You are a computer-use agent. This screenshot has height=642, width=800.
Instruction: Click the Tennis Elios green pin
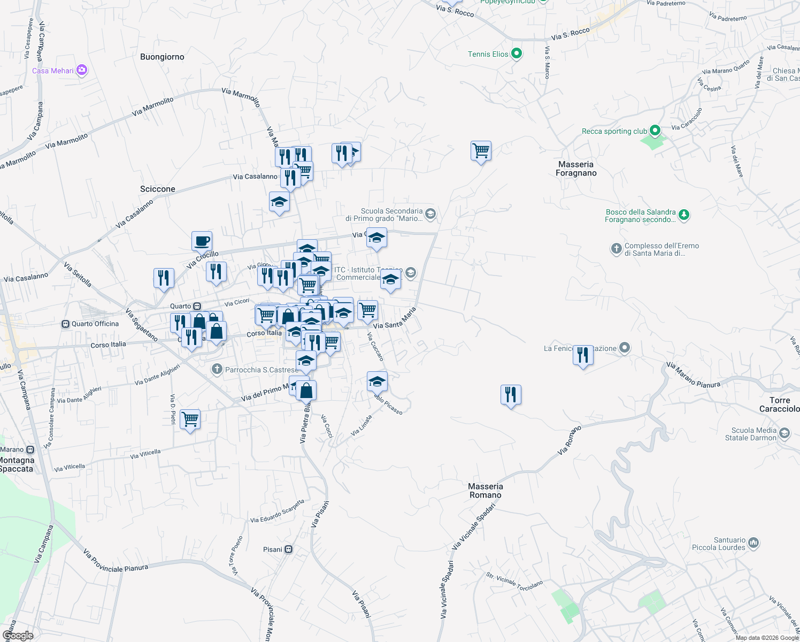coord(516,53)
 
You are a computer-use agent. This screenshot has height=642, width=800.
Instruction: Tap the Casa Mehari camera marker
coord(82,70)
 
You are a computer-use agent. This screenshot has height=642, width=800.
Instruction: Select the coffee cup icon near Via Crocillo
coord(202,241)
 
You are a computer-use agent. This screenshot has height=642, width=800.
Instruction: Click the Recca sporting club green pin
coord(655,131)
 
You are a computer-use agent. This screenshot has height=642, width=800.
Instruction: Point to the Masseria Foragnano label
coord(576,169)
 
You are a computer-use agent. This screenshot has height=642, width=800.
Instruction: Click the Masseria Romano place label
coord(486,491)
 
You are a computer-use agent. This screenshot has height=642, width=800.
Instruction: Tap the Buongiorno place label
coord(162,57)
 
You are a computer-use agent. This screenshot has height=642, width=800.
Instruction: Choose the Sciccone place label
coord(158,189)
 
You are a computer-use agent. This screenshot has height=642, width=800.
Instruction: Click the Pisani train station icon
coord(289,549)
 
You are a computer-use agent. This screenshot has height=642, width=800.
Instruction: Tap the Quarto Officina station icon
coord(66,324)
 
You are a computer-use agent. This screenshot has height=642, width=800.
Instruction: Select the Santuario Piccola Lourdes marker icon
coord(753,543)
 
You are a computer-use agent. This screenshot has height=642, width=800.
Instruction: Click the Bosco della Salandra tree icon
coord(683,215)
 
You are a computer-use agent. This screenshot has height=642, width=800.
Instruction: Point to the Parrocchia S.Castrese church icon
coord(217,369)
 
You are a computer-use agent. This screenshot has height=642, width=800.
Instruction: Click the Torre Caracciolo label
coord(780,404)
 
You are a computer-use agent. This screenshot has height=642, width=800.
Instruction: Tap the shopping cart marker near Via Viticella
coord(190,419)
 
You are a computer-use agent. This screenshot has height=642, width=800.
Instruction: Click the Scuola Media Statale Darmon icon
coord(784,433)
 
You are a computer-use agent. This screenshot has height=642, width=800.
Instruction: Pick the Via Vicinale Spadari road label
coord(474,526)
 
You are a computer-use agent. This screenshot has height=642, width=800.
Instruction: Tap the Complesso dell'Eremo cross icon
coord(617,249)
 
